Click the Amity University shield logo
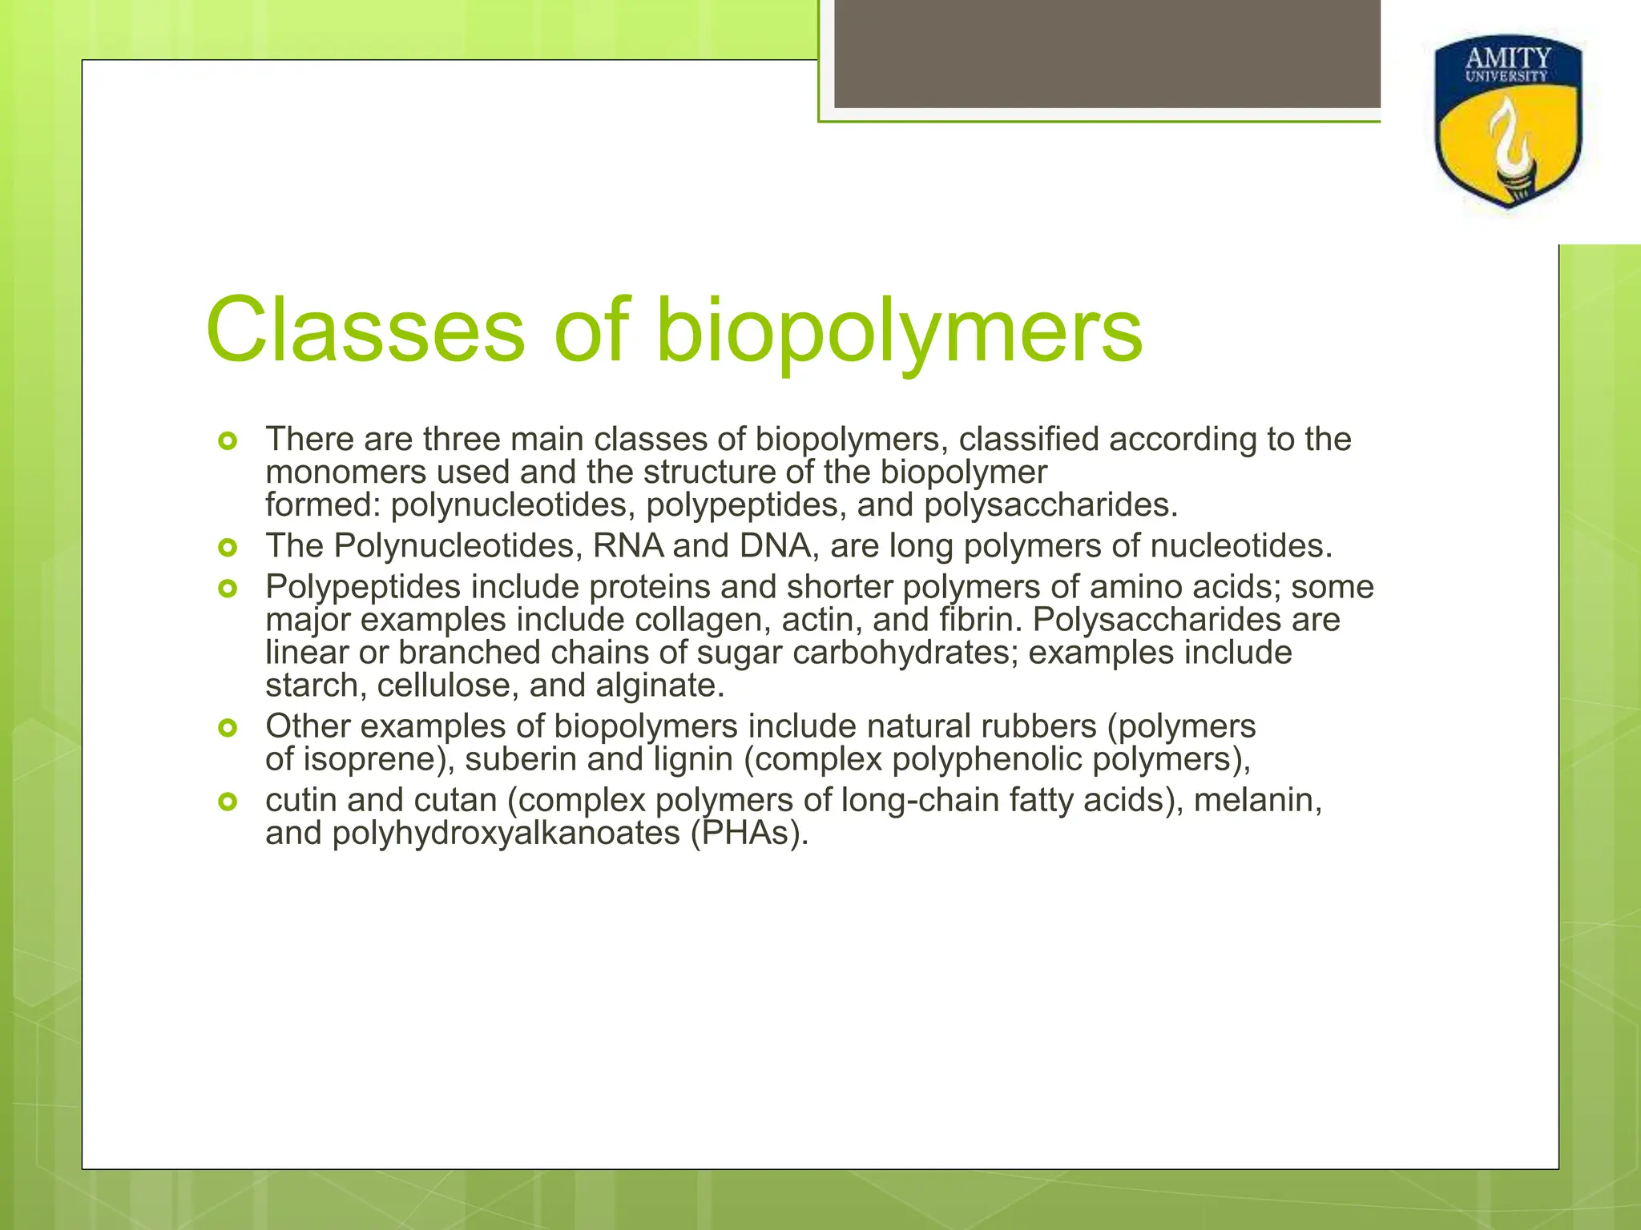pyautogui.click(x=1508, y=122)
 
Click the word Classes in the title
pyautogui.click(x=365, y=331)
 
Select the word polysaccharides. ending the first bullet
pyautogui.click(x=1051, y=505)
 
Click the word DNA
pyautogui.click(x=775, y=546)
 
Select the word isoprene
pyautogui.click(x=373, y=759)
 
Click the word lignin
pyautogui.click(x=693, y=759)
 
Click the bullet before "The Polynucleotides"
pyautogui.click(x=228, y=548)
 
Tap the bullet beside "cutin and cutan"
pyautogui.click(x=228, y=802)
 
